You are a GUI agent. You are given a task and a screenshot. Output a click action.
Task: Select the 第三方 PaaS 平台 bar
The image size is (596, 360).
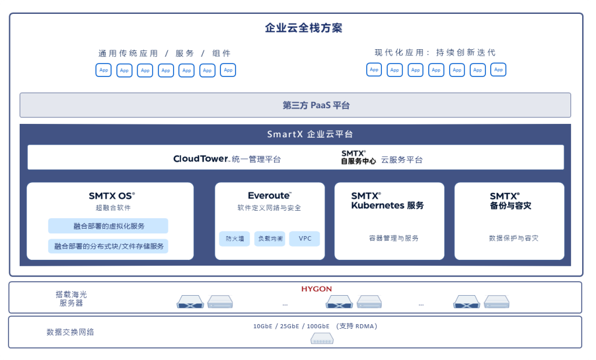click(295, 105)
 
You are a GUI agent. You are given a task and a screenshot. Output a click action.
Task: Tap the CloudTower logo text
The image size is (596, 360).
click(201, 159)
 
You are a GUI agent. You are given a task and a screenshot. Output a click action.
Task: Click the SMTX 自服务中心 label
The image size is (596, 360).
click(358, 158)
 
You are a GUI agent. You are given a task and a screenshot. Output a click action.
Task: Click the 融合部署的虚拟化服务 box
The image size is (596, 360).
click(108, 226)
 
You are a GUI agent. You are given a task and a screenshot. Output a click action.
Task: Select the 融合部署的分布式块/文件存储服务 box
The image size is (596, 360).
click(108, 246)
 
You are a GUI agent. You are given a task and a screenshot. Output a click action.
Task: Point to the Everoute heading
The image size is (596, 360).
click(269, 196)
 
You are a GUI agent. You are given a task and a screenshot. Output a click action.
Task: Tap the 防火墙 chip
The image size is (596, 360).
click(235, 238)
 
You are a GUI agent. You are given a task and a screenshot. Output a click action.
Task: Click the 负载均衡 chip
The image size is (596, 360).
click(270, 238)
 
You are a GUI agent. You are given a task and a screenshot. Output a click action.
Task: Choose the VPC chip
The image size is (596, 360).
click(304, 238)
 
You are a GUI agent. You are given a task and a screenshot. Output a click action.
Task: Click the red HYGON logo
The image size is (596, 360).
click(317, 289)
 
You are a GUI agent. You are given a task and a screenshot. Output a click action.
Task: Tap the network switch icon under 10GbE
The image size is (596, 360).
click(322, 339)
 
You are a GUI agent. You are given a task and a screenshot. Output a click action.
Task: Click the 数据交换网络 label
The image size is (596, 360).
click(71, 332)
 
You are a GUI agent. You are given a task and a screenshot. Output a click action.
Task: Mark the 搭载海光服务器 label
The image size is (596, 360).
click(71, 299)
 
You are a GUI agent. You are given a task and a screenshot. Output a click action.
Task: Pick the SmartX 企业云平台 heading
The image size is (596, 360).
click(310, 134)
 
